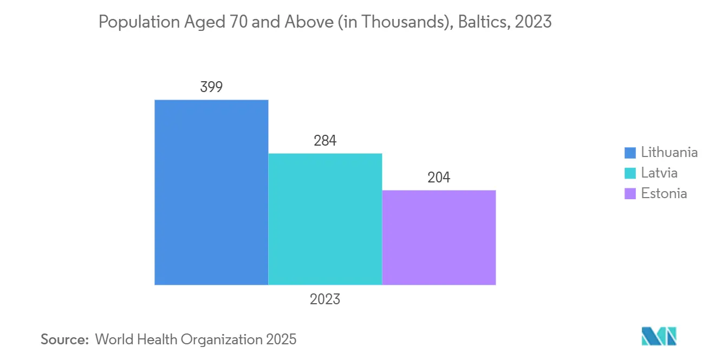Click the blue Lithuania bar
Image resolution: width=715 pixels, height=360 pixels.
[211, 192]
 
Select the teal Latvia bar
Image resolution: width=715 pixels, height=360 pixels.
[325, 219]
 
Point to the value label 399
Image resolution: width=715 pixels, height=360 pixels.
[211, 87]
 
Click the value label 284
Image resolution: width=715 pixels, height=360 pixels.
[325, 141]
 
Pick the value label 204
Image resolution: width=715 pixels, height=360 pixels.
[439, 178]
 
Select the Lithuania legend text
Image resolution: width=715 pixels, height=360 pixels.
[669, 152]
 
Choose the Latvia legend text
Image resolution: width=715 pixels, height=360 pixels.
[659, 173]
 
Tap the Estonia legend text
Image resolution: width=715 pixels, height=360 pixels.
[664, 193]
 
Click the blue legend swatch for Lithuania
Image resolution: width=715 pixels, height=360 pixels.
[630, 153]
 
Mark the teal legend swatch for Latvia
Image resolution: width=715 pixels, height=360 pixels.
[630, 173]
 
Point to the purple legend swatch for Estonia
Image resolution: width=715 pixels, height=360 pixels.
[630, 194]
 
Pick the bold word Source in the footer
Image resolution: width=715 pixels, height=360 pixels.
[64, 339]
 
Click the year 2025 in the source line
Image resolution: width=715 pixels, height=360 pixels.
[281, 339]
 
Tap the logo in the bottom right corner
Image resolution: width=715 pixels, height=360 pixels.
[659, 336]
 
